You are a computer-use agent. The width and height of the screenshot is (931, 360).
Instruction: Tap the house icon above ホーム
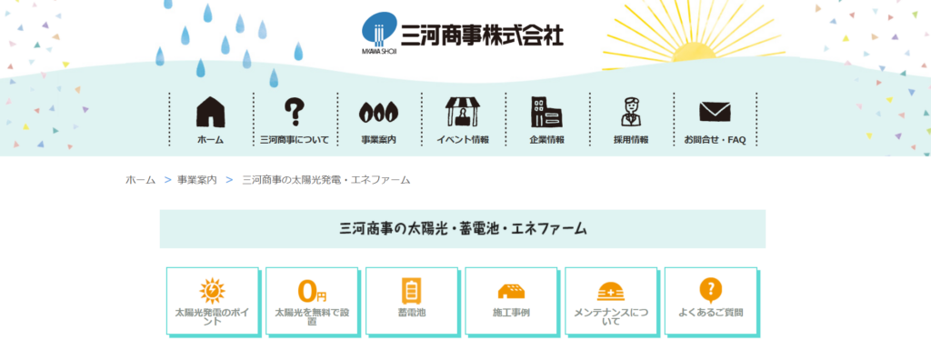[x=210, y=113]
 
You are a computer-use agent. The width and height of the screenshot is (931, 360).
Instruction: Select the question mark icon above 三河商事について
[x=294, y=112]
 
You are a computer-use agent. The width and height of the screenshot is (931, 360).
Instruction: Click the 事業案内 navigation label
[x=378, y=140]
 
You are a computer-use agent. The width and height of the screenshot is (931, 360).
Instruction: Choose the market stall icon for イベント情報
[x=462, y=112]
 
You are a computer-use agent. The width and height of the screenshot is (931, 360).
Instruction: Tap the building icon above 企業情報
[x=546, y=112]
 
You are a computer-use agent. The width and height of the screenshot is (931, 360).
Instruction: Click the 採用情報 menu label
[x=631, y=140]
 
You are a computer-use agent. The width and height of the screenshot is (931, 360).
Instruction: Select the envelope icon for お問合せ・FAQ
[x=715, y=112]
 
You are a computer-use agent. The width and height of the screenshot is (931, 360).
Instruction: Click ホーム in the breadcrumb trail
[x=140, y=180]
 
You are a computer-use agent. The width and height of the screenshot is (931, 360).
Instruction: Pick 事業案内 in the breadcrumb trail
[x=197, y=180]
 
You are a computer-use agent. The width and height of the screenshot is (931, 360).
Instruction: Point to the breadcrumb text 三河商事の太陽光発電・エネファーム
[x=325, y=180]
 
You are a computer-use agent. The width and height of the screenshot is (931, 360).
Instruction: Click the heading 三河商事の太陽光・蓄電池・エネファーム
[x=462, y=229]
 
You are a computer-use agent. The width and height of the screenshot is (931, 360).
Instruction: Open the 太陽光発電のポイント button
[x=212, y=301]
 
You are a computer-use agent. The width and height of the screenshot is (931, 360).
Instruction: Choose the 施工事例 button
[x=511, y=301]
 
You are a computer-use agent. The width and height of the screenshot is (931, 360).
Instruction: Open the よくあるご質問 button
[x=710, y=301]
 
